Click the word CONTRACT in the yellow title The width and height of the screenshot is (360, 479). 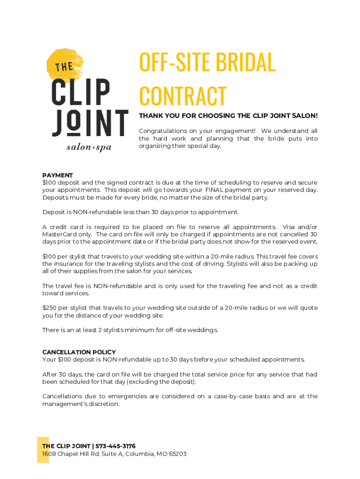pos(183,96)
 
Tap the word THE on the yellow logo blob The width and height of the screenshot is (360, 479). pos(64,67)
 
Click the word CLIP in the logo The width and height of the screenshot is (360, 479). pos(81,93)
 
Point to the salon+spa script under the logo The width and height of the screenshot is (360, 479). pos(89,147)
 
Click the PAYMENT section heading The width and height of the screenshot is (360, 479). pos(58,175)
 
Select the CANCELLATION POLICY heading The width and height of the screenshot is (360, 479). pos(79,352)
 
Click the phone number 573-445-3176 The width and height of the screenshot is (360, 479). pos(115,446)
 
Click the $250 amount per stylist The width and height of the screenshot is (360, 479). pos(50,308)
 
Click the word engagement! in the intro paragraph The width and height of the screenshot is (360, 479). pos(228,131)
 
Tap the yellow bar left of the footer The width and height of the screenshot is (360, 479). pos(43,450)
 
